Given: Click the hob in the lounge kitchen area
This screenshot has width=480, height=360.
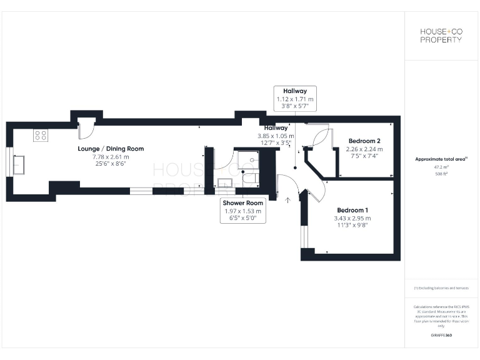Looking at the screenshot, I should (x=41, y=135).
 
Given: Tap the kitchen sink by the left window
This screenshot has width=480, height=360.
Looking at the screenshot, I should (x=19, y=164).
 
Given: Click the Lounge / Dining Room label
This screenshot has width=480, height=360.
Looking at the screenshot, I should (x=111, y=149).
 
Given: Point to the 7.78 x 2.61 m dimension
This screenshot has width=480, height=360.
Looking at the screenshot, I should (x=111, y=157).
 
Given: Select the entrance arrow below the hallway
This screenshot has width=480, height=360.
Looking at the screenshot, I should (x=288, y=201).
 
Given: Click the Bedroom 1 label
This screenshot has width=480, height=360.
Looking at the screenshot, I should (x=352, y=210).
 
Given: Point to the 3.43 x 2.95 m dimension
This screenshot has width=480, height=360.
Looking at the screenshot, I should (x=352, y=218).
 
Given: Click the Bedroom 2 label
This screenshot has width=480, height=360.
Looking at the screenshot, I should (x=364, y=141).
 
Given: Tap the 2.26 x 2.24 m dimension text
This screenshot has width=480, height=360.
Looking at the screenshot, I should (x=364, y=149).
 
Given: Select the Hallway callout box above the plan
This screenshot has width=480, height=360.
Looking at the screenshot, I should (x=295, y=99).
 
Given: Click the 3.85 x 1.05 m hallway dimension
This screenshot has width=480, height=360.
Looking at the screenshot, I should (x=275, y=136).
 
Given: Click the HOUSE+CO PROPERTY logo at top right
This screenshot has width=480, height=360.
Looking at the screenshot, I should (x=441, y=35).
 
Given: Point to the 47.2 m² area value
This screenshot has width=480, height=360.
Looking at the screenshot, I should (x=441, y=167).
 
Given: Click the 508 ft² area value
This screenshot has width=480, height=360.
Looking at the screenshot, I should (x=441, y=174).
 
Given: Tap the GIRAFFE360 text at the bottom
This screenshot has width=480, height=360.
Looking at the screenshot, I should (x=441, y=336).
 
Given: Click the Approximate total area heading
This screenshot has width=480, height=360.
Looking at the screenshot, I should (x=441, y=159).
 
